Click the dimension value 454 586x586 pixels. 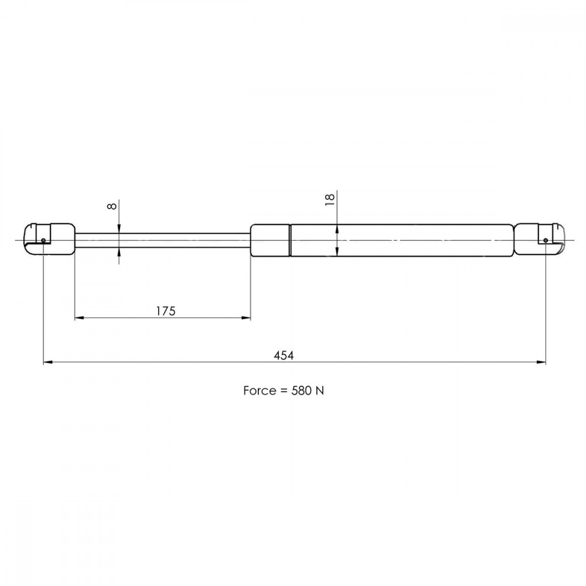pos(284,355)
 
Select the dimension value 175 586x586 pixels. pos(166,311)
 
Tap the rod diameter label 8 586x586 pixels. pos(112,206)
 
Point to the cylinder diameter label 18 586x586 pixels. pos(330,199)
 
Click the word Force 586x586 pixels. pos(260,390)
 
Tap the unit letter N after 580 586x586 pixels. pos(320,390)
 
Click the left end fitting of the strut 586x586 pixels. pos(49,239)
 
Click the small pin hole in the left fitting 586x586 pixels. pos(43,240)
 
